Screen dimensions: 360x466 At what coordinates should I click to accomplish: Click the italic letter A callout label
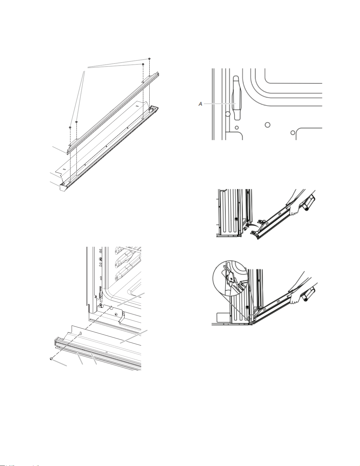(x=200, y=104)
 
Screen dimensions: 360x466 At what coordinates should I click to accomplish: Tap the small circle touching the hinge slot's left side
(x=228, y=114)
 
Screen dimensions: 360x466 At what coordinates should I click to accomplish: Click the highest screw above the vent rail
(x=149, y=59)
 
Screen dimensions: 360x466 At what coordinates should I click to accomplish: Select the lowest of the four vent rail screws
(x=70, y=128)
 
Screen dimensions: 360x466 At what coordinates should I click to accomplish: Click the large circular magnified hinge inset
(x=231, y=278)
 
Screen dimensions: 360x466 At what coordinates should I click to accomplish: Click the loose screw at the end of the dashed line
(x=51, y=359)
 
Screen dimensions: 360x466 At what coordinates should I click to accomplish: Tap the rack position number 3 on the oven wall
(x=100, y=250)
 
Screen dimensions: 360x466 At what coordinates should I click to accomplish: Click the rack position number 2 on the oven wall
(x=100, y=264)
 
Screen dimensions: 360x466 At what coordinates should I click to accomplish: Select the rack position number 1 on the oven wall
(x=100, y=278)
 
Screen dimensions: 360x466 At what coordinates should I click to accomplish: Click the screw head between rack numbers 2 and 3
(x=100, y=258)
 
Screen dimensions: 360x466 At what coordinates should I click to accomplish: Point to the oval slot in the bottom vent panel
(x=81, y=333)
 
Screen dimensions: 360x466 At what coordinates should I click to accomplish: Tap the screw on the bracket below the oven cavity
(x=116, y=314)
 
